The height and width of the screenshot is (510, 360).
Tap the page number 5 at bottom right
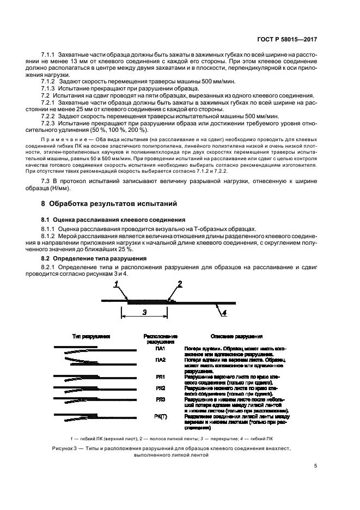316,465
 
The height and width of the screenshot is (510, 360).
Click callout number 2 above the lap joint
179,283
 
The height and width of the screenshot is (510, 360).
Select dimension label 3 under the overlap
144,312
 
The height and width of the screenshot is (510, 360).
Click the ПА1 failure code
160,347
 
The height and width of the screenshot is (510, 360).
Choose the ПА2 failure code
160,360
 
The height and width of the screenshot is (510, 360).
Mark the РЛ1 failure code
160,376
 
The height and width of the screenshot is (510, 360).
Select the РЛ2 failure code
160,388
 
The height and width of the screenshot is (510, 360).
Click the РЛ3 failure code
160,400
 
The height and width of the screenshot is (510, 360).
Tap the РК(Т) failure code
160,416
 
